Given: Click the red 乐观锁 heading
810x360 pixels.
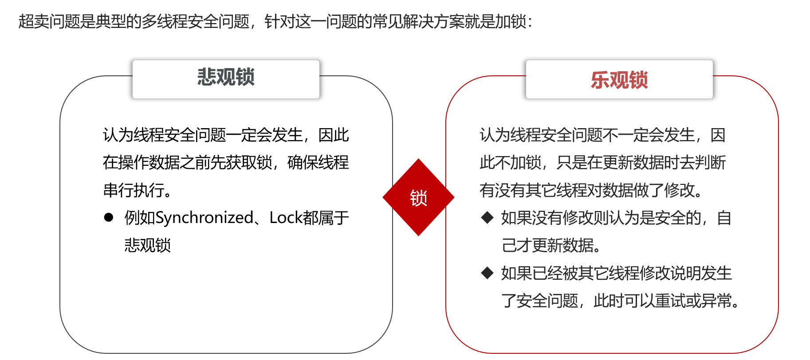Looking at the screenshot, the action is pyautogui.click(x=619, y=80).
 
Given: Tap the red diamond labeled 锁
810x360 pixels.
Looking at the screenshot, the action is pyautogui.click(x=418, y=198).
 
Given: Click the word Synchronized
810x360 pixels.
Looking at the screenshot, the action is pyautogui.click(x=204, y=218).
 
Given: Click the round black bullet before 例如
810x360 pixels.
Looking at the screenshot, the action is pyautogui.click(x=109, y=218).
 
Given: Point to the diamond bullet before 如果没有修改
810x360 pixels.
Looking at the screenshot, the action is pyautogui.click(x=488, y=218).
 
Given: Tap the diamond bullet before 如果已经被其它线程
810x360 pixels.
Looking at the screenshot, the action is pyautogui.click(x=488, y=273).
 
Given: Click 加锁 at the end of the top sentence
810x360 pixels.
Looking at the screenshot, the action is pyautogui.click(x=510, y=21).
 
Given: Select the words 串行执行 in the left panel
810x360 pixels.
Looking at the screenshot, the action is pyautogui.click(x=134, y=190).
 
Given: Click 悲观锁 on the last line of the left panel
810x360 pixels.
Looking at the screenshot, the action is pyautogui.click(x=148, y=245).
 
